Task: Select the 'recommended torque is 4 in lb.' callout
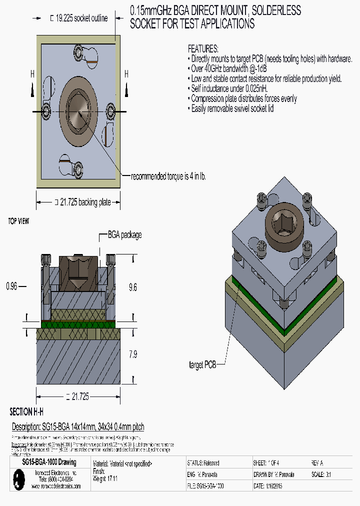tap(168, 176)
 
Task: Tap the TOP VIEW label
tap(18, 220)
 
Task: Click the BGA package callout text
tap(124, 234)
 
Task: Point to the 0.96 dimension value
tap(11, 286)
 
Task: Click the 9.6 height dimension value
tap(132, 287)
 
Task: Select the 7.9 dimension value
tap(132, 354)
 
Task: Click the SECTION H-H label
tap(26, 412)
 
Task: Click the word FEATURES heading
tap(203, 49)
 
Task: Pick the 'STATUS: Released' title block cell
tap(202, 463)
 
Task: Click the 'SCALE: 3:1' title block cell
tap(322, 474)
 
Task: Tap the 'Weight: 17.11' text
tap(105, 478)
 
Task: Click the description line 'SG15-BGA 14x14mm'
tap(77, 426)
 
